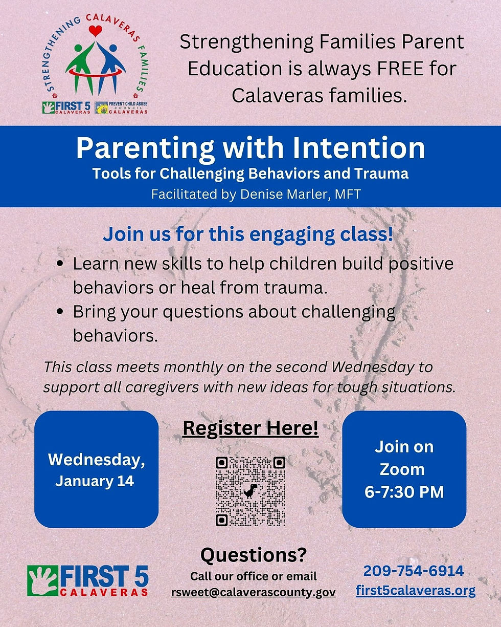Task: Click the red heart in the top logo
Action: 95,31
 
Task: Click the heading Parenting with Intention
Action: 250,148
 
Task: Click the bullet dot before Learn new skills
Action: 61,265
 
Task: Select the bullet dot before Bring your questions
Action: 61,312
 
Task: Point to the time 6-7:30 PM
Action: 404,492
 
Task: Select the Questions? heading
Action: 254,555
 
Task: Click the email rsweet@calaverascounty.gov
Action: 254,592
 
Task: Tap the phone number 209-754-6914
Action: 414,571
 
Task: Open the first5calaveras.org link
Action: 415,591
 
